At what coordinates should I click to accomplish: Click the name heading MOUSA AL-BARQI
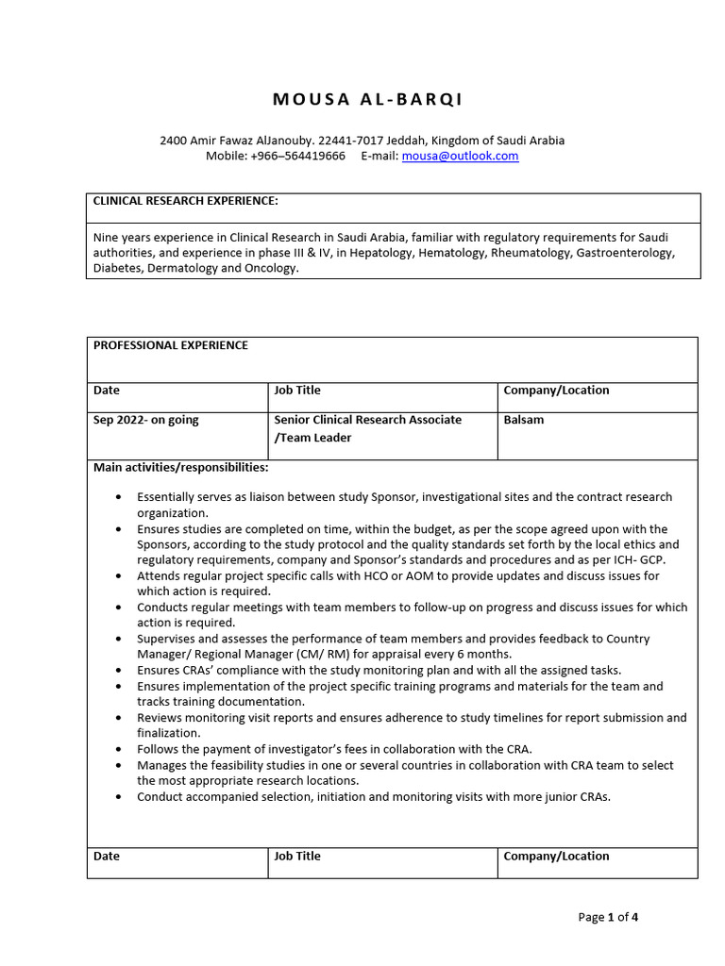point(367,99)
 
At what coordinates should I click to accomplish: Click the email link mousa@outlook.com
point(460,156)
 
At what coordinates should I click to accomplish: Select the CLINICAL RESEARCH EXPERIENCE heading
point(185,201)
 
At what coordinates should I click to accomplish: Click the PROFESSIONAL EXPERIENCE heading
point(171,345)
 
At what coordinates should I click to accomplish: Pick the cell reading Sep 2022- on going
point(146,420)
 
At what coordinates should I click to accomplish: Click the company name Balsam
point(524,420)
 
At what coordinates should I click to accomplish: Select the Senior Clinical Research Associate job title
point(367,420)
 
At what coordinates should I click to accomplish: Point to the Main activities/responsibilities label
point(180,467)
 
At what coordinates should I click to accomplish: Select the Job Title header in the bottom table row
point(297,857)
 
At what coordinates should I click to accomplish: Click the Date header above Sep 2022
point(107,390)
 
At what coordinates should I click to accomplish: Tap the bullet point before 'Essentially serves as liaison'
point(117,497)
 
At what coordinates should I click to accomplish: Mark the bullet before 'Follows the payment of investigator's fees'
point(117,749)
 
